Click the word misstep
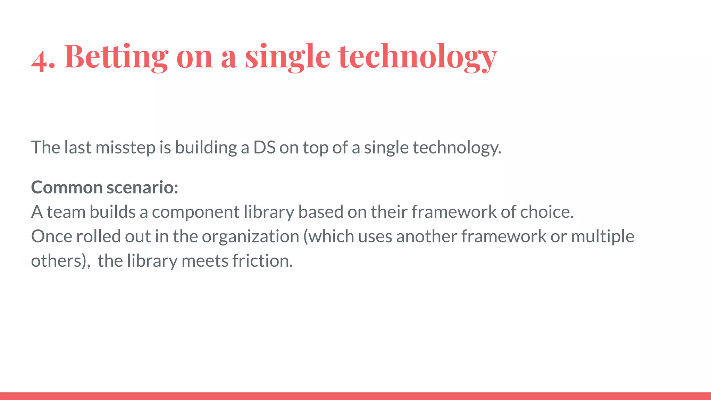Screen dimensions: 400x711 [x=125, y=148]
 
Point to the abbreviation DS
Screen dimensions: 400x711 [x=264, y=148]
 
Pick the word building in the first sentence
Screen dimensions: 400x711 [x=206, y=148]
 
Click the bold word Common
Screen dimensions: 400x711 [x=67, y=187]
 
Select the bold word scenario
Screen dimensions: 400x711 [x=142, y=187]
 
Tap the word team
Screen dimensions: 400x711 [x=66, y=212]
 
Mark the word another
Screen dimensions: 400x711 [x=427, y=236]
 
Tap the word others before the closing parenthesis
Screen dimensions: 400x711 [x=56, y=261]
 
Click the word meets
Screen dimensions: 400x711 [x=205, y=261]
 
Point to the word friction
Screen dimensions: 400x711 [x=262, y=261]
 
